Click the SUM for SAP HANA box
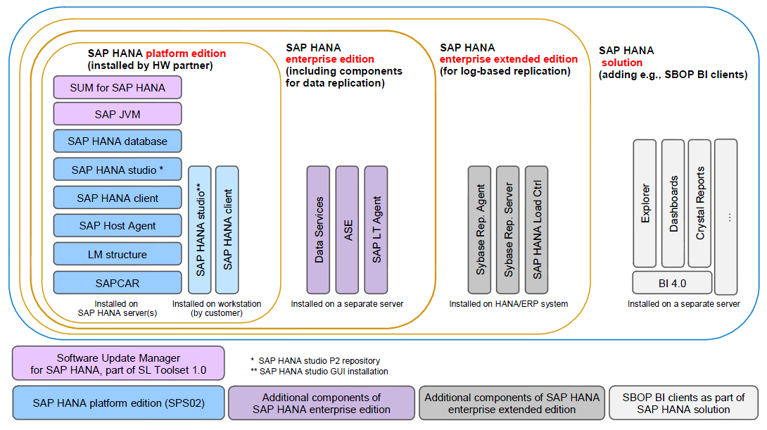tap(118, 88)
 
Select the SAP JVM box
tap(118, 114)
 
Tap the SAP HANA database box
tap(118, 141)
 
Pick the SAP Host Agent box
tap(118, 226)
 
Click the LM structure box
tap(118, 254)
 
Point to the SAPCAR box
tap(118, 283)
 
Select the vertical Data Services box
tap(318, 230)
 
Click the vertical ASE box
tap(347, 230)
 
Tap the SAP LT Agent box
tap(376, 230)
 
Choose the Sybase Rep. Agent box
tap(479, 230)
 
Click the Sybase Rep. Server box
tap(507, 230)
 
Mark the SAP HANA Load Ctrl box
tap(536, 230)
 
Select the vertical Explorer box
tap(645, 203)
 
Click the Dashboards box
tap(673, 203)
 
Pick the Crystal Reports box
tap(699, 203)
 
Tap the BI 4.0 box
tap(672, 283)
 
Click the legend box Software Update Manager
tap(118, 363)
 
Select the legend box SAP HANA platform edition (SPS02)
tap(118, 403)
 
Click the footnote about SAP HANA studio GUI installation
tap(324, 371)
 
